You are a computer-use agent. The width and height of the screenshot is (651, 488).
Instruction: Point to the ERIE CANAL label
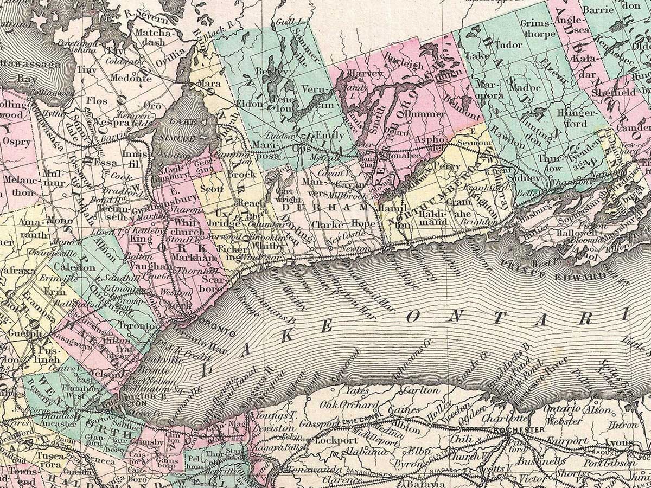[355, 421]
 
